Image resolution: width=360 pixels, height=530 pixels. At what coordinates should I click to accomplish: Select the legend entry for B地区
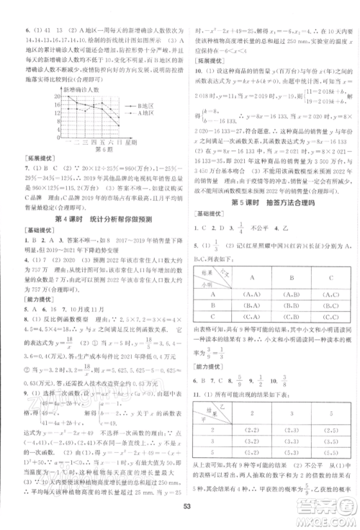[143, 106]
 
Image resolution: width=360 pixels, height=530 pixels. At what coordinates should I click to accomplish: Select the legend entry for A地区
[143, 113]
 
